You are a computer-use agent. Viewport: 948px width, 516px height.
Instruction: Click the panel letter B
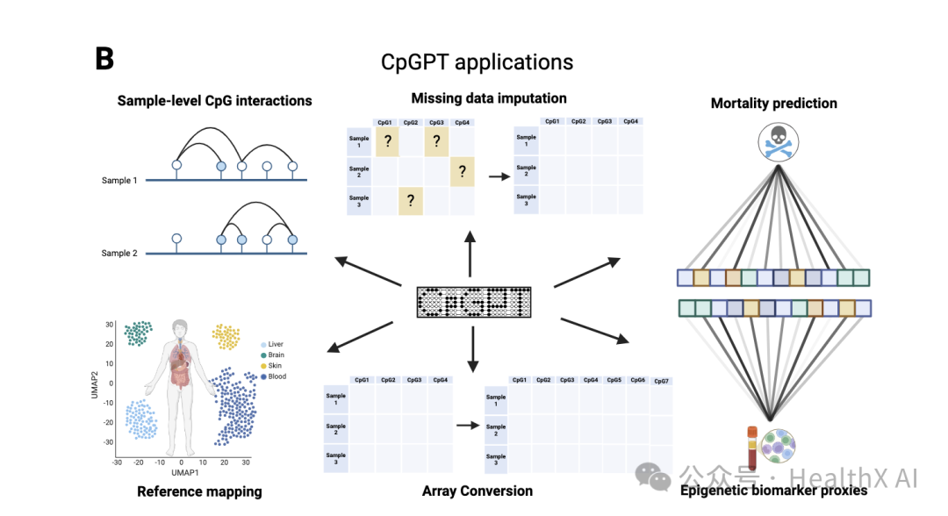pos(104,59)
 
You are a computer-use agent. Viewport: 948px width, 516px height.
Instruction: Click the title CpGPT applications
pos(477,62)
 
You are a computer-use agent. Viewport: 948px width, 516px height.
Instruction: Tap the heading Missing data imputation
pos(489,98)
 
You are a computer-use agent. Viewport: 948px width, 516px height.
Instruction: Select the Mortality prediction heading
pos(773,104)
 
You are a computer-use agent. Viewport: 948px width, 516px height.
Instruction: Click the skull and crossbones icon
pos(773,143)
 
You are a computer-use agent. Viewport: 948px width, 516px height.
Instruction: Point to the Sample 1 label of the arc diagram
pos(119,180)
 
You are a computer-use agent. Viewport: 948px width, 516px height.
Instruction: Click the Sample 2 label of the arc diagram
pos(119,254)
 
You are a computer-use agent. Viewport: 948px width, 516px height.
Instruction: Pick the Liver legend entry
pos(276,345)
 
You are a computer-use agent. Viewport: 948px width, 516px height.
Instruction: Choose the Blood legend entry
pos(276,376)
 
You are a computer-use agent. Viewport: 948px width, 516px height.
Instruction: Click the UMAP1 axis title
pos(182,474)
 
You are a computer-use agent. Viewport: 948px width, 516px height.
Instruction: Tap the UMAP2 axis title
pos(94,383)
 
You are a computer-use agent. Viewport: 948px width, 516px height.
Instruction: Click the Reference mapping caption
pos(199,491)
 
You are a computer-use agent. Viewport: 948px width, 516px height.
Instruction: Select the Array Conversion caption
pos(477,491)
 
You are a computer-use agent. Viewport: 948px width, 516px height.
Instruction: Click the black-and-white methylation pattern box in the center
pos(474,302)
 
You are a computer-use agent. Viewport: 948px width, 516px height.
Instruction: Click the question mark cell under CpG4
pos(462,171)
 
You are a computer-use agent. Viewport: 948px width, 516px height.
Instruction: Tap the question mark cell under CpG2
pos(411,201)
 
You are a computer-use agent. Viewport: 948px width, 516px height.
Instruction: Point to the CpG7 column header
pos(661,382)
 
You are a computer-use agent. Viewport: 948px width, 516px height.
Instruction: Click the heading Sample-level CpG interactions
pos(214,101)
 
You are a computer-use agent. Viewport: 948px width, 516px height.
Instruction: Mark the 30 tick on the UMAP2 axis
pos(110,324)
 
